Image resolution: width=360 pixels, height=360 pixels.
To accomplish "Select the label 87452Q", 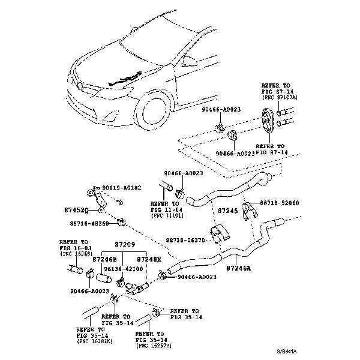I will tap(76, 210).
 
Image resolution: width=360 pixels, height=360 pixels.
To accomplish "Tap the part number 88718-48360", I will tap(89, 224).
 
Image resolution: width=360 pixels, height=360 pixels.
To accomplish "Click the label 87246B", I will tap(104, 259).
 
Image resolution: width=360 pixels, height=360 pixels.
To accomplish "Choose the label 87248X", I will tap(149, 259).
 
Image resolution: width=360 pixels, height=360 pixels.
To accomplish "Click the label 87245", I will tap(227, 211).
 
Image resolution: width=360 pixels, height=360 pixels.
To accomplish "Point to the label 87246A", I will tap(241, 269).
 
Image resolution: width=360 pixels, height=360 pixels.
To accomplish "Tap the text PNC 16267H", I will tap(155, 346).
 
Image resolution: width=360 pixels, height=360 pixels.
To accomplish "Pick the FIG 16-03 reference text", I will tap(76, 247).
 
